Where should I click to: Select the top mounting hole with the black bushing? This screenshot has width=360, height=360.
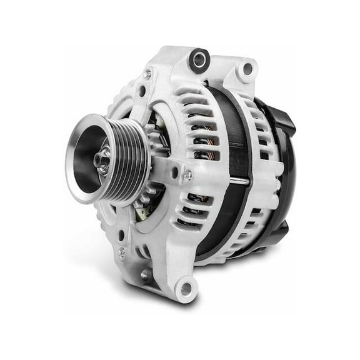(x=199, y=59)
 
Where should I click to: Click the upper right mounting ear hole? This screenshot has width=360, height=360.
(x=247, y=69)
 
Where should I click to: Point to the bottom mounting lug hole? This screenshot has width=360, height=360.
(x=185, y=288)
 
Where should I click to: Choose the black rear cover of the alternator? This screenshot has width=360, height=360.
(x=284, y=181)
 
